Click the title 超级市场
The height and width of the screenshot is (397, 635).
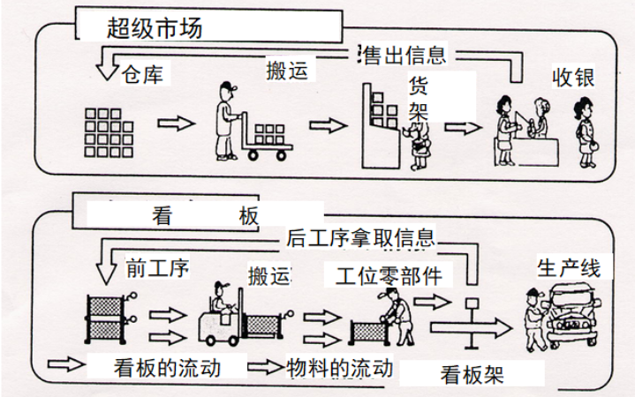click(155, 28)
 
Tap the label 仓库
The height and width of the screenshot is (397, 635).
click(142, 72)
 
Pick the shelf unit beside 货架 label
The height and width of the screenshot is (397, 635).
click(382, 125)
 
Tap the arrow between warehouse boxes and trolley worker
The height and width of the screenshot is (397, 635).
click(180, 123)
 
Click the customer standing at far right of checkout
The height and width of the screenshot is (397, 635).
click(584, 131)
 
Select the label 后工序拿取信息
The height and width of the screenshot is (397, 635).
click(360, 236)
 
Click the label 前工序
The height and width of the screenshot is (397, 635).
click(157, 267)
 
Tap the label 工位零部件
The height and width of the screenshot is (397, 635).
click(388, 274)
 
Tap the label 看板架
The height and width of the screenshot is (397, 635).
click(472, 374)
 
